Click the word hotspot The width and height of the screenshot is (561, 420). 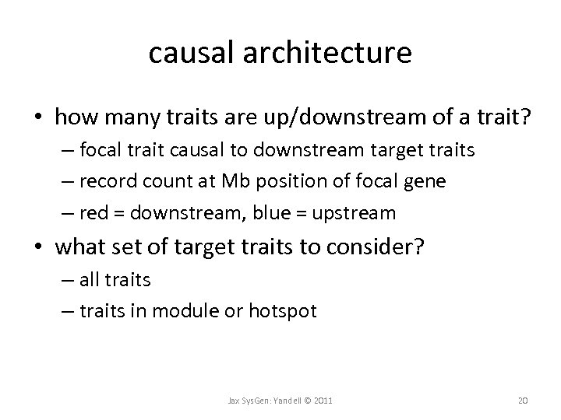[x=284, y=311]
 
